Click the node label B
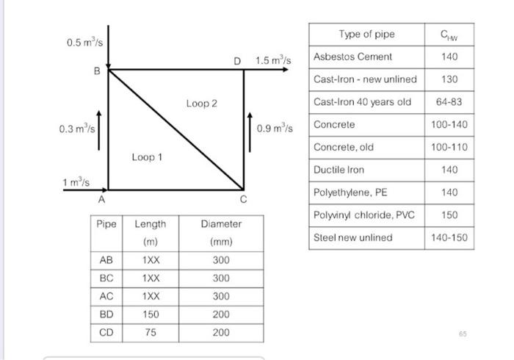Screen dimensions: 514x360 [x=95, y=71]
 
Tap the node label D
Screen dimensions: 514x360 [x=236, y=60]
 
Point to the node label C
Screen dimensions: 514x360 [x=243, y=199]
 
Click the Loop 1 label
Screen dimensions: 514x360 [x=147, y=156]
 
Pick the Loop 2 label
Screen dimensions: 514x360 [x=201, y=104]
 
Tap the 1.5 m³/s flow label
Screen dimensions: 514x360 [x=274, y=60]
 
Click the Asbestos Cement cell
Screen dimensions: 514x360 [x=352, y=57]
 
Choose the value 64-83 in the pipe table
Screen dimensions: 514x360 [x=449, y=102]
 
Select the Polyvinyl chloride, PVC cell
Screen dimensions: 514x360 [x=363, y=215]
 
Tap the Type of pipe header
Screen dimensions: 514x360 [x=366, y=34]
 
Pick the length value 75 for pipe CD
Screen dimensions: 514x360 [x=150, y=332]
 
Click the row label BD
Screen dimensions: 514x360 [x=106, y=314]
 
